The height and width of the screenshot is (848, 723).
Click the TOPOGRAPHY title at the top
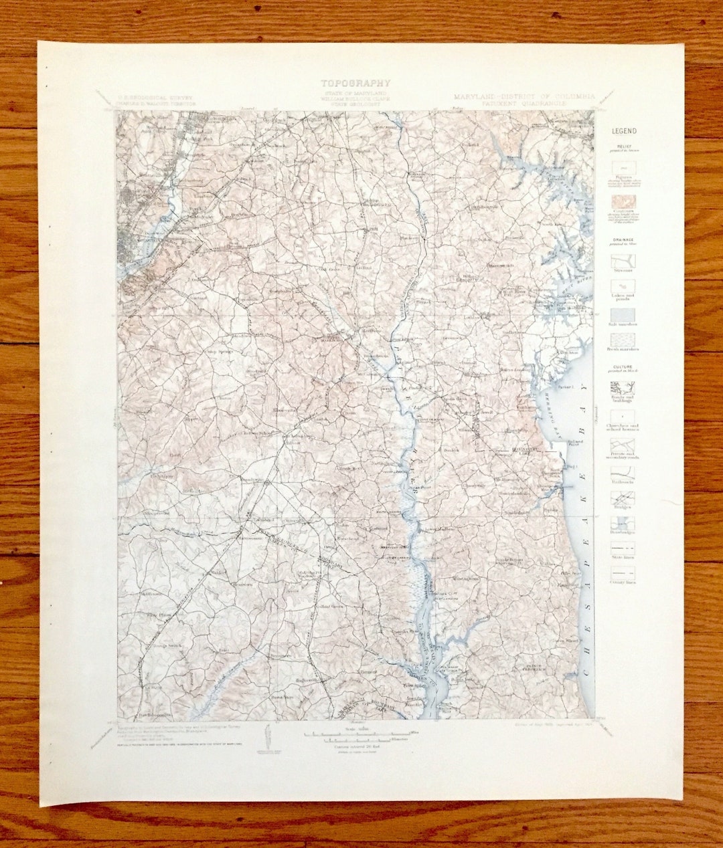tap(355, 84)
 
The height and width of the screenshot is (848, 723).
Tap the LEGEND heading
tap(623, 132)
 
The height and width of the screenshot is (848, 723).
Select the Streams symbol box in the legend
tap(623, 261)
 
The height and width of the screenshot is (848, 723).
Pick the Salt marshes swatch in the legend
tap(623, 314)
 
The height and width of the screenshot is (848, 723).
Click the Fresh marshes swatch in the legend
tap(623, 339)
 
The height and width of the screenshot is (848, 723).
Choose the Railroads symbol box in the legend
tap(623, 472)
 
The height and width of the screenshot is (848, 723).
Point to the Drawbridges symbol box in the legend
tap(623, 524)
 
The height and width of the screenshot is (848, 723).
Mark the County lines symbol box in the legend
tap(623, 573)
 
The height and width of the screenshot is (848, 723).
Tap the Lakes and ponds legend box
tap(623, 288)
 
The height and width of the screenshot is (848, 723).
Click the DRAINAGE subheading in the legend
tap(623, 239)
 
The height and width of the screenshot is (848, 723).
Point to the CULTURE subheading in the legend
tap(623, 367)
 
